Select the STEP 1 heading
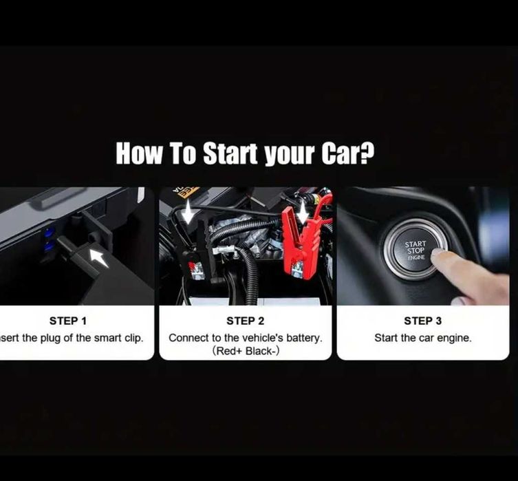coord(68,321)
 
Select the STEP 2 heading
coord(245,321)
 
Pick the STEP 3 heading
coord(423,321)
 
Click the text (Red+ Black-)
coord(245,351)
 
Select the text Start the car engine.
coord(423,338)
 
